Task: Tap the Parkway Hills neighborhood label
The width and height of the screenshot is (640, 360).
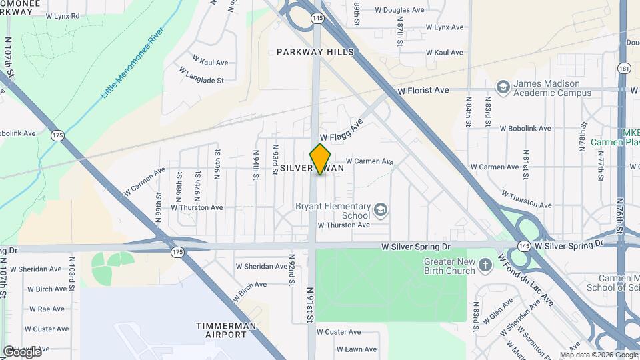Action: coord(315,52)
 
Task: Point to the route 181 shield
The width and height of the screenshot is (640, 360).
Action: coord(624,69)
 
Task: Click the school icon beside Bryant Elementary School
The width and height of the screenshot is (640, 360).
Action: coord(381,211)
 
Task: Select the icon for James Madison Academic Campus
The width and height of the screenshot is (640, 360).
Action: coord(503,85)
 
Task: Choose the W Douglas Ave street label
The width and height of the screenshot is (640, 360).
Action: coord(399,10)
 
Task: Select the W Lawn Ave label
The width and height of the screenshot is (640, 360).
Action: coord(357,349)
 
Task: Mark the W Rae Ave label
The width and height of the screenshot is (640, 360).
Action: coord(45,309)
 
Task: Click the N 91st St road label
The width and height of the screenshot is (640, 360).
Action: coord(311,305)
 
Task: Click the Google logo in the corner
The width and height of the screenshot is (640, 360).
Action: coord(21,351)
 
